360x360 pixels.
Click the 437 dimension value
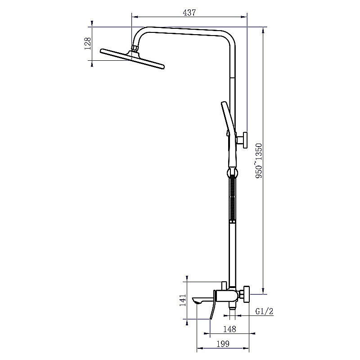[189, 13]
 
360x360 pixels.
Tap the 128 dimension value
[88, 44]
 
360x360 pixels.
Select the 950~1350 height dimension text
[258, 161]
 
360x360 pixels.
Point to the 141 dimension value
[183, 300]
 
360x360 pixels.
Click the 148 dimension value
[229, 329]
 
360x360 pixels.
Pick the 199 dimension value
[223, 344]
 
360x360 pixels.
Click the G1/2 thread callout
[264, 311]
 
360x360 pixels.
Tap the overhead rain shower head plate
[132, 59]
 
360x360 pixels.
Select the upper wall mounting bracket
[242, 140]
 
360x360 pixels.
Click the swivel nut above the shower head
[135, 48]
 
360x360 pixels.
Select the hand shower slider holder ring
[232, 173]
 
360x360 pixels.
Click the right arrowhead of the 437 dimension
[244, 17]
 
